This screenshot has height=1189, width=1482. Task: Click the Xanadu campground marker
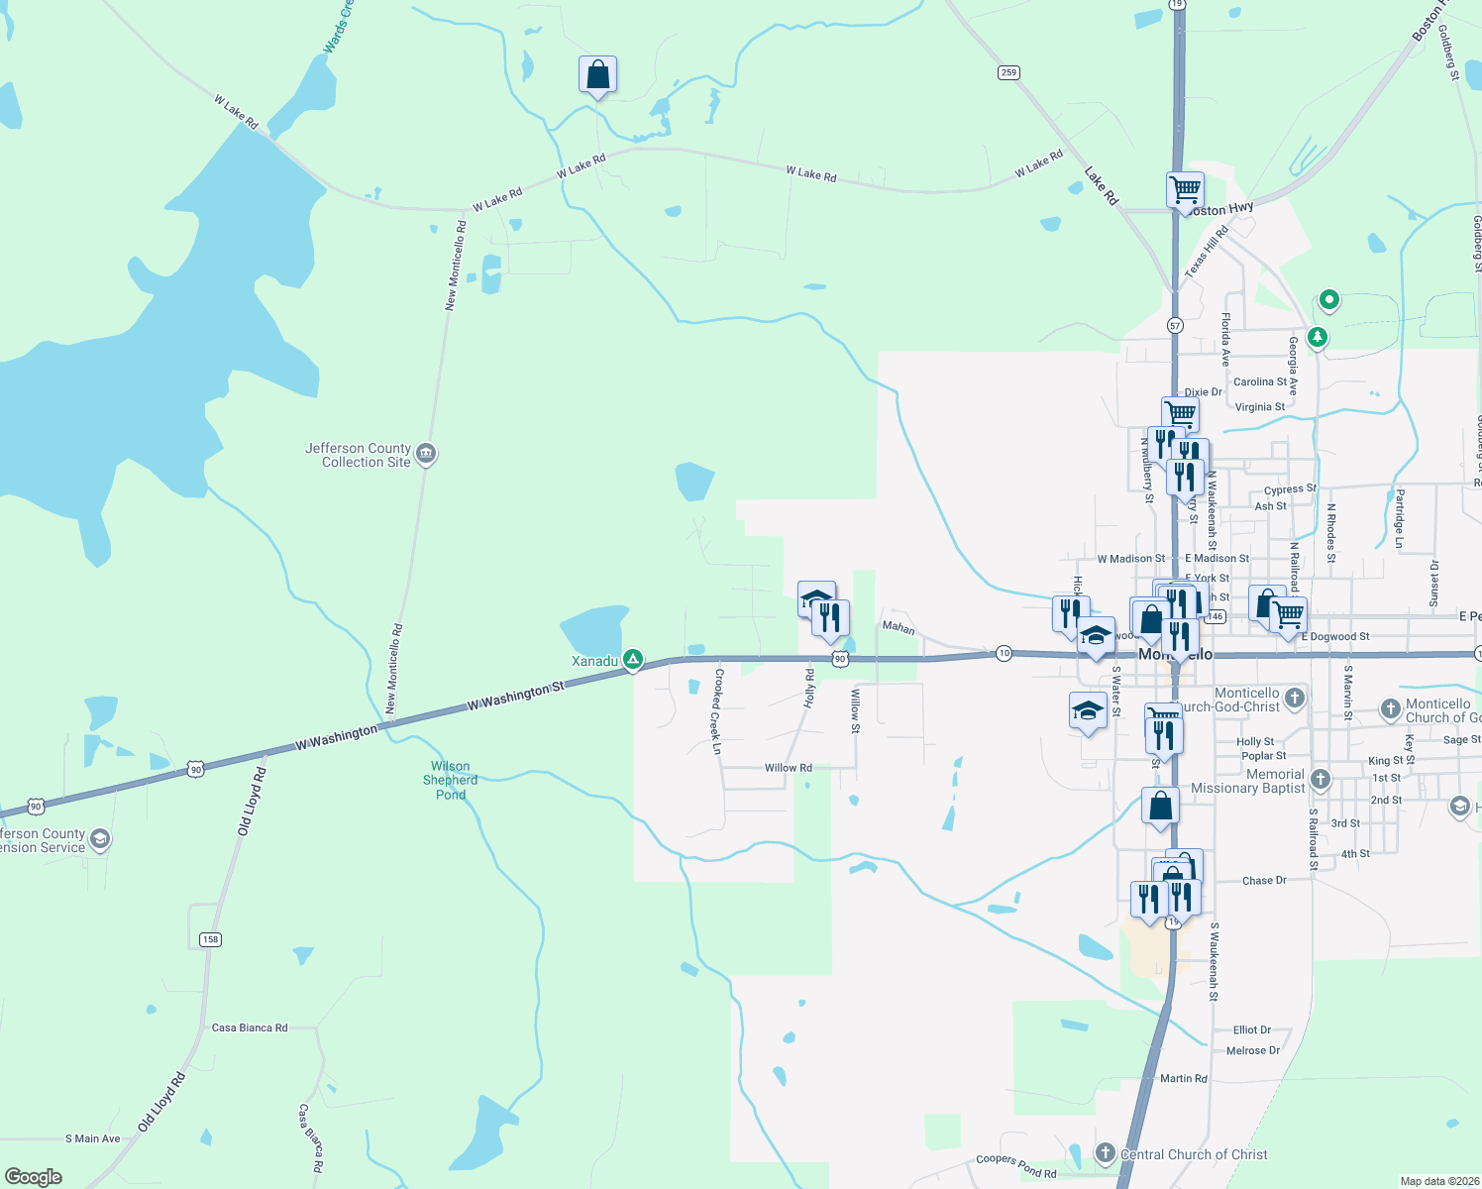coord(633,659)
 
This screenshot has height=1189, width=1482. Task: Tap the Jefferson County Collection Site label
coord(358,455)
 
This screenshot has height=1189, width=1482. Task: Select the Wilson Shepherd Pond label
coord(451,780)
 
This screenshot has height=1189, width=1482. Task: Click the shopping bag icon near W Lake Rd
coord(597,75)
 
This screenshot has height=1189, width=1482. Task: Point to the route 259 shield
coord(1008,72)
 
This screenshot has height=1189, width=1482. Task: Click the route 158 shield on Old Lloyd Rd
coord(210,939)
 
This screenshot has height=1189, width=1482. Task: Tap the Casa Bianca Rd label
coord(250,1027)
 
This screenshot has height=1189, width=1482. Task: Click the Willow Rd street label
coord(788,768)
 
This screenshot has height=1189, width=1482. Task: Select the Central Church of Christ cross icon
coord(1106,1152)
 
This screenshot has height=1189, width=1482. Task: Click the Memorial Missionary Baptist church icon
coord(1320,779)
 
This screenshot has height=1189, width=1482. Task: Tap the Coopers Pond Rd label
coord(1016,1165)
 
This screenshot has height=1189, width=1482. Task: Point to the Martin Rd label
coord(1183,1078)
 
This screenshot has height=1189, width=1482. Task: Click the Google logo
coord(34,1176)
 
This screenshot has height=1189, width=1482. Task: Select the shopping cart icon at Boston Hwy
coord(1184,188)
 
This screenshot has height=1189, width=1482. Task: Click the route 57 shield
coord(1175,325)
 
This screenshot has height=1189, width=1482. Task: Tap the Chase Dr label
coord(1264,880)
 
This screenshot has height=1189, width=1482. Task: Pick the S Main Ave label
coord(92,1138)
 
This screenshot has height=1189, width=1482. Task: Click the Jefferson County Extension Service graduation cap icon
coord(99,839)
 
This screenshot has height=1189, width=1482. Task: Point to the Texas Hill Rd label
coord(1206,251)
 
